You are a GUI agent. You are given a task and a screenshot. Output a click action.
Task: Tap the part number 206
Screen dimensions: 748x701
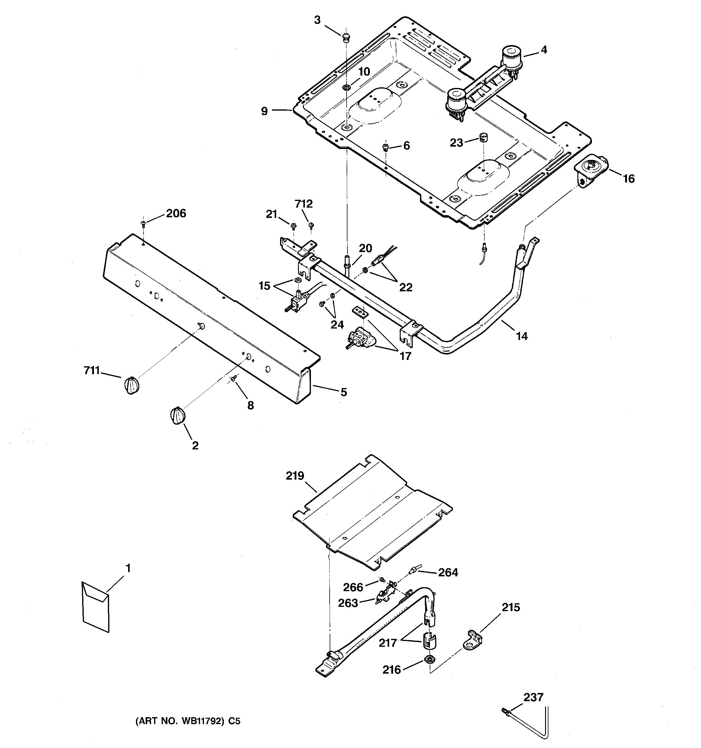pyautogui.click(x=176, y=214)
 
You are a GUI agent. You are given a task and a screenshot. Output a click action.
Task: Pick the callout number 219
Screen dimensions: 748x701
pyautogui.click(x=295, y=476)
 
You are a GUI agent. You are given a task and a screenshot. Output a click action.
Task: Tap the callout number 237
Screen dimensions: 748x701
pyautogui.click(x=534, y=697)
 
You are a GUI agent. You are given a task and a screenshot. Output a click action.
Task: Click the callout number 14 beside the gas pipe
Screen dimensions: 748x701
pyautogui.click(x=522, y=336)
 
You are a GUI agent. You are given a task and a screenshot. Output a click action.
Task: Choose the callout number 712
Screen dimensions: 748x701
pyautogui.click(x=303, y=204)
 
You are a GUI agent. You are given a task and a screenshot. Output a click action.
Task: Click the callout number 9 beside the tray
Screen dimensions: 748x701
pyautogui.click(x=264, y=111)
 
